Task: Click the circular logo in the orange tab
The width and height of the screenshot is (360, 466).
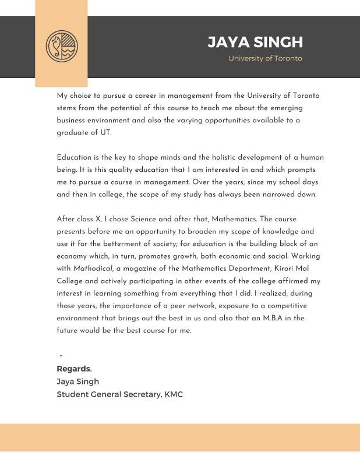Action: (x=61, y=45)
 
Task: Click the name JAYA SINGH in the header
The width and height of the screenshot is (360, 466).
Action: (x=255, y=42)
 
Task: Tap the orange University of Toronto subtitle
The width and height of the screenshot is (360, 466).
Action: (x=265, y=58)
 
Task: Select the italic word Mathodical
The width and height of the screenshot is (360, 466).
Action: (x=93, y=269)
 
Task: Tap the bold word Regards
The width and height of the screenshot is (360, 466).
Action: (x=73, y=369)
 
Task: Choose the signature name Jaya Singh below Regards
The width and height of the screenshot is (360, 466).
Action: (x=77, y=382)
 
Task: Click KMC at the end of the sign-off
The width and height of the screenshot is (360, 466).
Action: (x=174, y=394)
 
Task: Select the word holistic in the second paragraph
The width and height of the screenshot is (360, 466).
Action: (x=222, y=157)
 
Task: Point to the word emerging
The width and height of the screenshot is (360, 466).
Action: (x=283, y=108)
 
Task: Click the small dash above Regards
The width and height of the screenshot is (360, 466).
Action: (x=61, y=356)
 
